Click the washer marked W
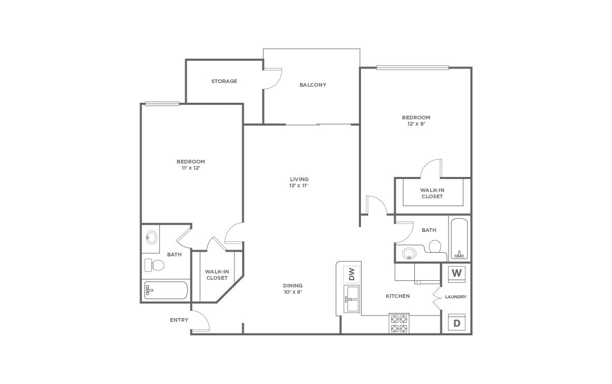pyautogui.click(x=456, y=274)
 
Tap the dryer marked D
pyautogui.click(x=456, y=323)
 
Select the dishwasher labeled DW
pyautogui.click(x=351, y=274)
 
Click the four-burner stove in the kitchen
pyautogui.click(x=399, y=323)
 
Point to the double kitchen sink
pyautogui.click(x=352, y=299)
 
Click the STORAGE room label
pyautogui.click(x=224, y=81)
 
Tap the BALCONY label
pyautogui.click(x=313, y=85)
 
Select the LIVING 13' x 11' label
pyautogui.click(x=299, y=183)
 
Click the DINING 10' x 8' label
pyautogui.click(x=293, y=289)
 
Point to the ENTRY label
pyautogui.click(x=179, y=320)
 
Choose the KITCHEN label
pyautogui.click(x=398, y=296)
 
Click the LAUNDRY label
pyautogui.click(x=455, y=297)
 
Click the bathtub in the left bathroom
pyautogui.click(x=166, y=290)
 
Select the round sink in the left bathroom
pyautogui.click(x=151, y=237)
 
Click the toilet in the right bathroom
pyautogui.click(x=435, y=246)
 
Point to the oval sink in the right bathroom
pyautogui.click(x=409, y=254)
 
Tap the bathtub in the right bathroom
pyautogui.click(x=459, y=239)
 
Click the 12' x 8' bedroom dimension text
pyautogui.click(x=416, y=124)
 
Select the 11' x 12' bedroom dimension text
pyautogui.click(x=190, y=168)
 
